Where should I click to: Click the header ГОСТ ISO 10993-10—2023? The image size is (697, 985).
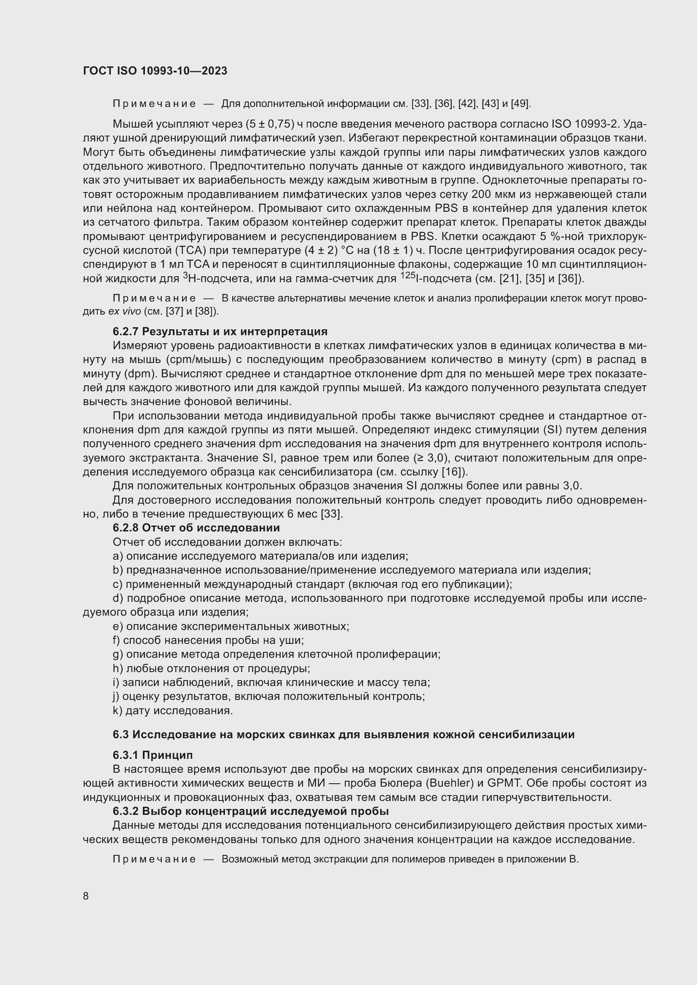[x=155, y=71]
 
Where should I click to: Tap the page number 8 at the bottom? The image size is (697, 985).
[x=86, y=896]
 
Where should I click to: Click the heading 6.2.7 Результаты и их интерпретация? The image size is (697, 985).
[x=220, y=331]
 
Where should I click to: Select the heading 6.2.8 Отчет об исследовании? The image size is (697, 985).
[x=196, y=528]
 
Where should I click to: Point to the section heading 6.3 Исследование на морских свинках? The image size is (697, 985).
[x=343, y=734]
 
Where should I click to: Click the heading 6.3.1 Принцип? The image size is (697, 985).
[x=153, y=755]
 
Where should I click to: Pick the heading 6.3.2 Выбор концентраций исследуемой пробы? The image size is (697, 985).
[x=251, y=811]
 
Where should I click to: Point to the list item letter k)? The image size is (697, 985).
[x=117, y=711]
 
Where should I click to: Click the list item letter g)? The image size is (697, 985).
[x=118, y=654]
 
